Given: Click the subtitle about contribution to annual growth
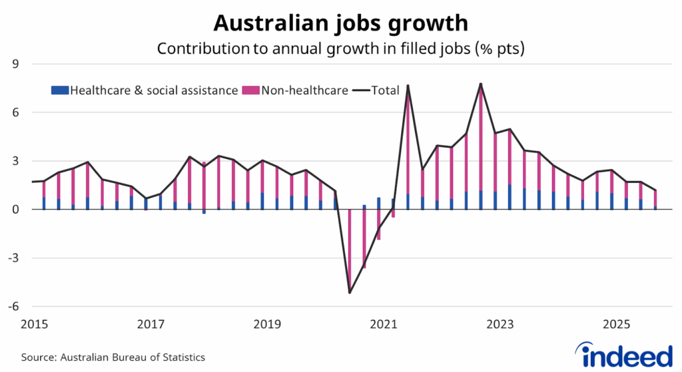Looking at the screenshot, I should tap(340, 49).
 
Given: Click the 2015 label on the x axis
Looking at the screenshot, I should tap(34, 325).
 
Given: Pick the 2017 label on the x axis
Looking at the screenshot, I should tap(151, 325).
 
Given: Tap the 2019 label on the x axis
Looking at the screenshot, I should tap(267, 325).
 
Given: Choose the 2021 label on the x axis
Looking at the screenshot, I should tap(384, 325).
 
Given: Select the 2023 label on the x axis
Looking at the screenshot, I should tap(500, 325).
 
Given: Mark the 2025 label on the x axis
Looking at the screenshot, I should tap(617, 325).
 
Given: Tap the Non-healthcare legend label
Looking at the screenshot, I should tap(304, 90).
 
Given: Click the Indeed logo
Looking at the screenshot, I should tap(623, 355).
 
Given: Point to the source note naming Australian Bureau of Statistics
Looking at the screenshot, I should tap(112, 357).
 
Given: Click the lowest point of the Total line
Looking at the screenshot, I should tap(350, 293).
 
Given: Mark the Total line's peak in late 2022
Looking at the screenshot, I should tap(480, 84).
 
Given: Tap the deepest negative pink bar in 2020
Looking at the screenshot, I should tap(350, 251).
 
